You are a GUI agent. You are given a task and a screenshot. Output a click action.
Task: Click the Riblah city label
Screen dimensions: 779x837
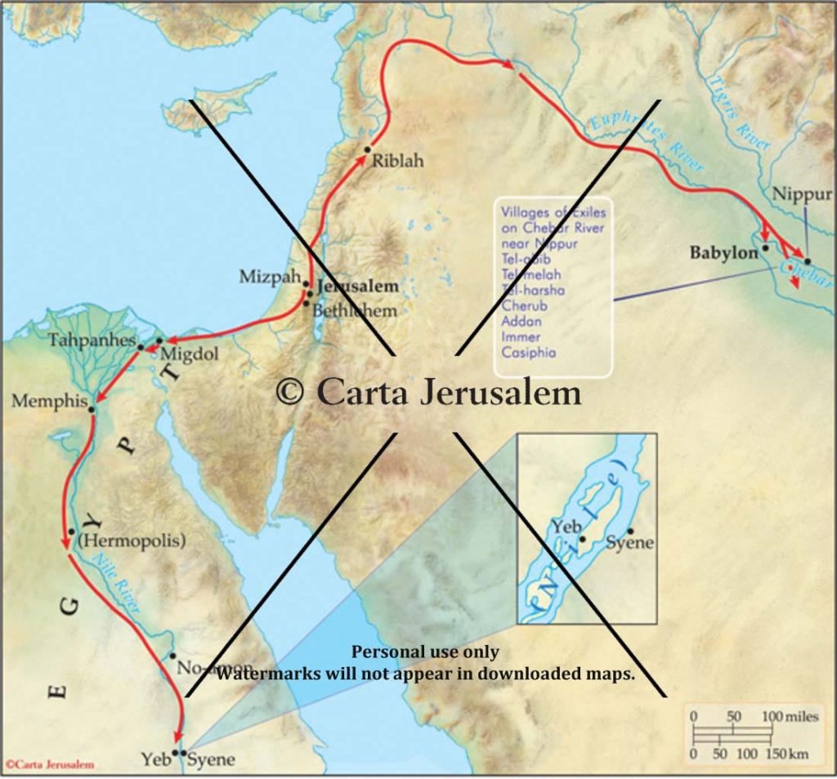tap(398, 161)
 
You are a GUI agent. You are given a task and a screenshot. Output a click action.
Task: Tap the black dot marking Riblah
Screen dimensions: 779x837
tap(368, 149)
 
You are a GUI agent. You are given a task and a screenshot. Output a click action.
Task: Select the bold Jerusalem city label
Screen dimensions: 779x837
tap(358, 287)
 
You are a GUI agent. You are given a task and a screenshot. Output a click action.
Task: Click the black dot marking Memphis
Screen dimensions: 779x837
tap(92, 409)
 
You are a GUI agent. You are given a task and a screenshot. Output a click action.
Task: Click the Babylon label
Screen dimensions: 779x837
tap(724, 253)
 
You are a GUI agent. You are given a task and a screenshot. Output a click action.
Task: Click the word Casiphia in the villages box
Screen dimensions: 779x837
tap(528, 353)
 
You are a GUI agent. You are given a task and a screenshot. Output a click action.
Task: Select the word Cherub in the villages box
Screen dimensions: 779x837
tap(524, 305)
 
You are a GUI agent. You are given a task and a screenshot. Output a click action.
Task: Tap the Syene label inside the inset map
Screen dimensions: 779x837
tap(631, 544)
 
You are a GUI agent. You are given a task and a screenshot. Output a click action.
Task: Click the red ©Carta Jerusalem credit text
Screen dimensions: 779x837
tap(50, 765)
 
